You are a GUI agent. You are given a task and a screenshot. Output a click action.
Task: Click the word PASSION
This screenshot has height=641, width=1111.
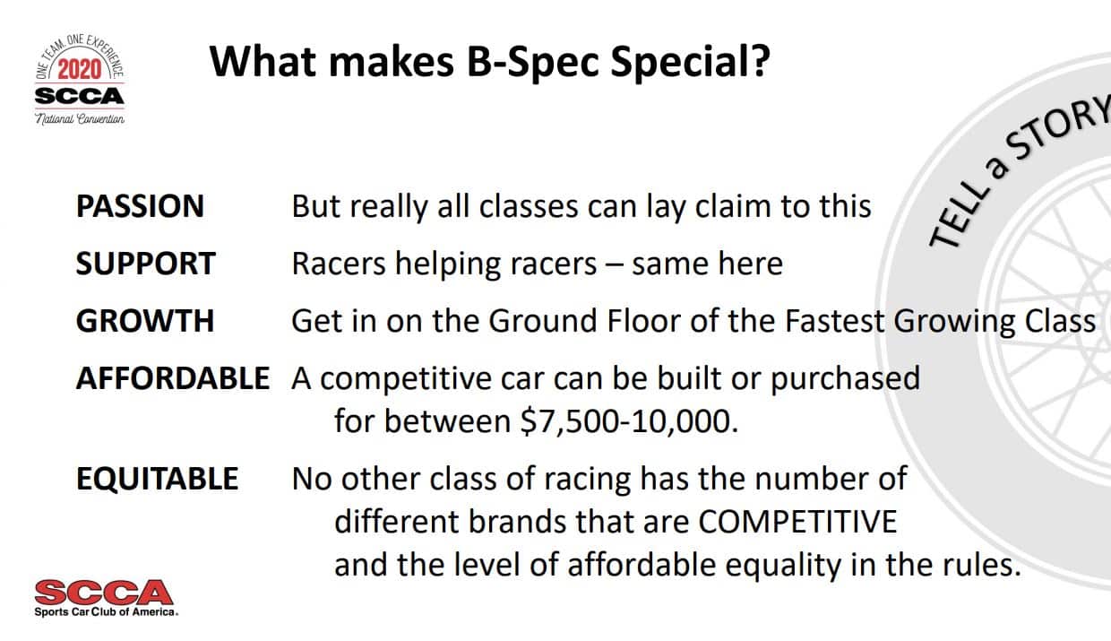[x=140, y=207]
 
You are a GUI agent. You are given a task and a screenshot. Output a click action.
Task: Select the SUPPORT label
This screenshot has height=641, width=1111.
[x=145, y=264]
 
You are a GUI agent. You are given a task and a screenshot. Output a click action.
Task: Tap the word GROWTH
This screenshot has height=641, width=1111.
[x=144, y=321]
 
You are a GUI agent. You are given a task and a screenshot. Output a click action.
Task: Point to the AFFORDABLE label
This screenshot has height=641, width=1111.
[x=172, y=378]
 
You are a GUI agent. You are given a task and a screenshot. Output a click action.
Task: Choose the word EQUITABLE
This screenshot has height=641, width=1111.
[x=157, y=479]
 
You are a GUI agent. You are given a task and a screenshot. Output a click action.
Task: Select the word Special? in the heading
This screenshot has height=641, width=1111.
[x=685, y=62]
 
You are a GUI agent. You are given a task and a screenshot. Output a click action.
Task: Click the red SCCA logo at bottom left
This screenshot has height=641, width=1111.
[x=103, y=592]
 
